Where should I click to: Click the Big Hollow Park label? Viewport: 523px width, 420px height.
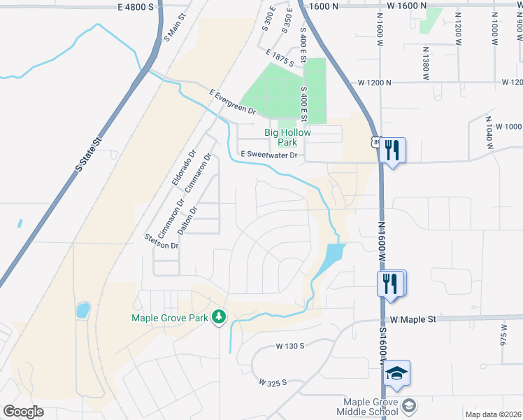coord(287,137)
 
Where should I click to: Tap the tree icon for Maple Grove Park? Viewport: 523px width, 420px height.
coord(220,318)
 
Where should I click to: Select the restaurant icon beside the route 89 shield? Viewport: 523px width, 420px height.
coord(392,150)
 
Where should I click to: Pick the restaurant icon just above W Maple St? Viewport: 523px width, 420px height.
coord(392,283)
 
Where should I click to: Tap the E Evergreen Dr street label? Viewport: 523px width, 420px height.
coord(233,101)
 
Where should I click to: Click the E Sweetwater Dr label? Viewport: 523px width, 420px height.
coord(269,155)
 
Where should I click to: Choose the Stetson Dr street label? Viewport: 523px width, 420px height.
coord(162,240)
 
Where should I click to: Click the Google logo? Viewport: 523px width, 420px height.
coord(23,411)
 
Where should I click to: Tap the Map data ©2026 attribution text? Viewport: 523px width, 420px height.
coord(492,414)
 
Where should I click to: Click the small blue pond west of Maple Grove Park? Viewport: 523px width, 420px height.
coord(83,309)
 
